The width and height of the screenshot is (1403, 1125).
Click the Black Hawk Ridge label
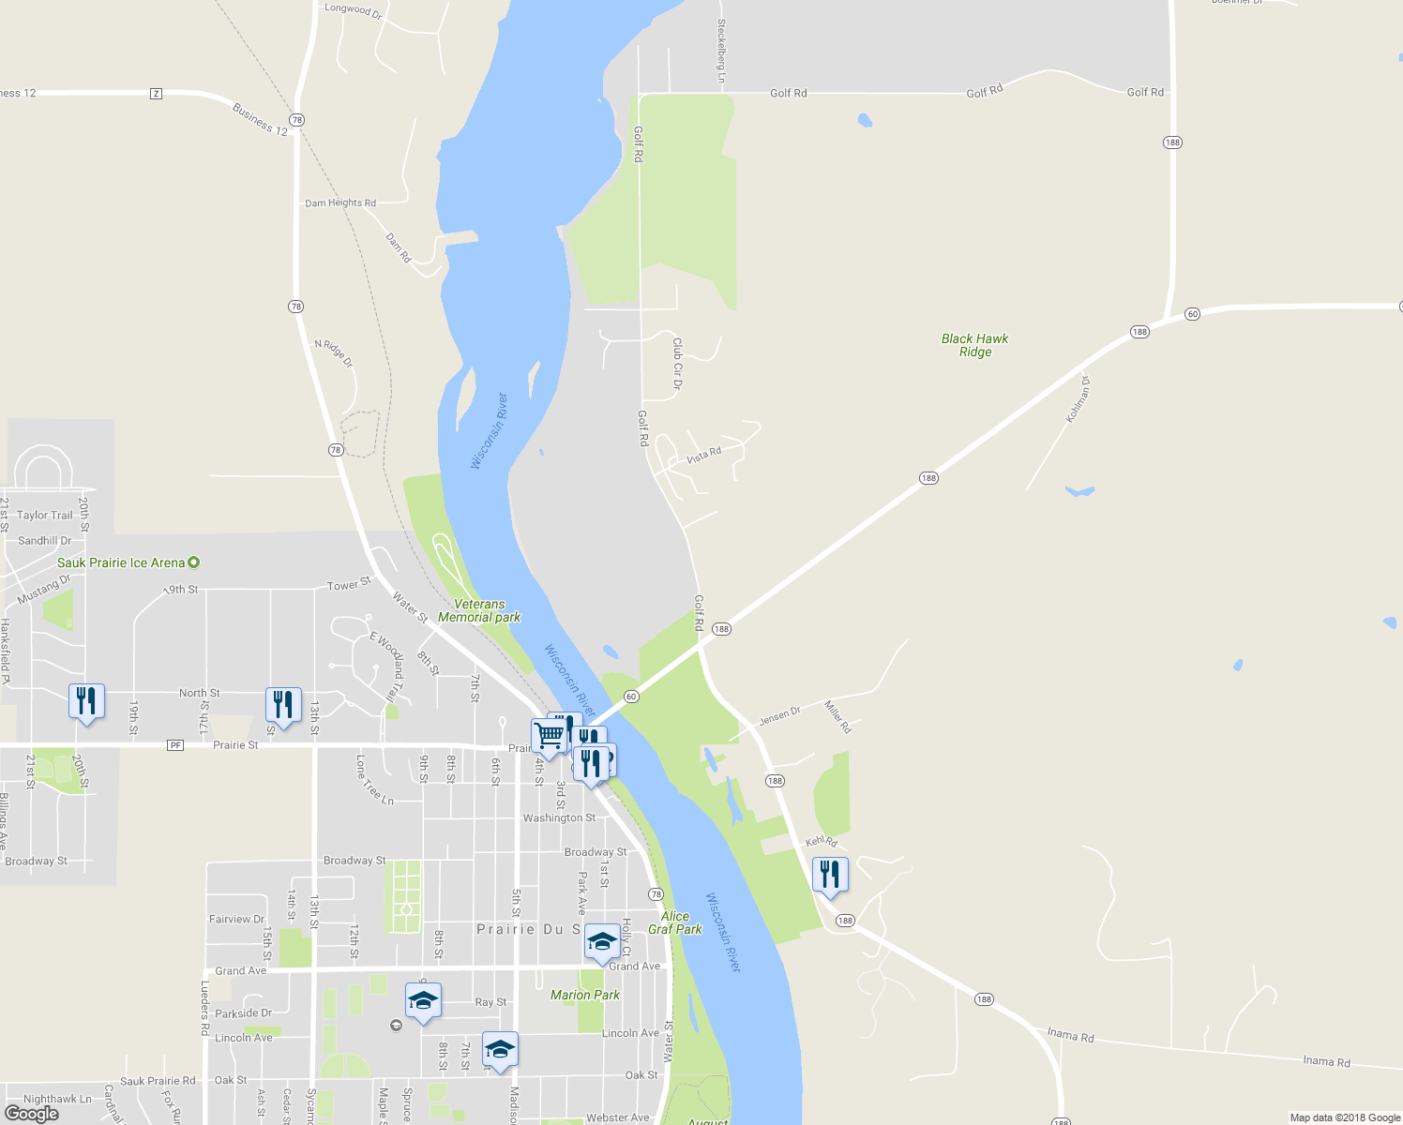click(974, 345)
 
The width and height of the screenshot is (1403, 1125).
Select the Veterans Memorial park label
click(479, 611)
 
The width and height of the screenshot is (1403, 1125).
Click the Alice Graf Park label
click(675, 922)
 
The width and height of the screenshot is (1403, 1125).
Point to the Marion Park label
click(585, 995)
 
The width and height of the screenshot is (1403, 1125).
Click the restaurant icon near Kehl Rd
click(830, 876)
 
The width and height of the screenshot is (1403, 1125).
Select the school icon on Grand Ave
click(601, 942)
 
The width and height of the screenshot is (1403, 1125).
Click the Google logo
click(32, 1114)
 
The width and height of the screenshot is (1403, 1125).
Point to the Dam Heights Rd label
click(340, 202)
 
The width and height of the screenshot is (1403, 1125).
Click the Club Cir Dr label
click(677, 364)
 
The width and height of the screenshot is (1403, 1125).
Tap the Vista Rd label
click(703, 456)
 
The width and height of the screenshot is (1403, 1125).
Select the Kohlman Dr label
click(1079, 399)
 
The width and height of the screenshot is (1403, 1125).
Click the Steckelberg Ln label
click(721, 52)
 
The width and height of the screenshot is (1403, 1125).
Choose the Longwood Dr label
click(354, 10)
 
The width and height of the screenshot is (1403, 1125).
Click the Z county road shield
click(156, 94)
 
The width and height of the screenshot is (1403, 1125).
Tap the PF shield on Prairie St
click(175, 745)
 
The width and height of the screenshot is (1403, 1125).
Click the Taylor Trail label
click(44, 515)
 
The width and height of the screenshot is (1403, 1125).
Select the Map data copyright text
click(1345, 1117)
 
